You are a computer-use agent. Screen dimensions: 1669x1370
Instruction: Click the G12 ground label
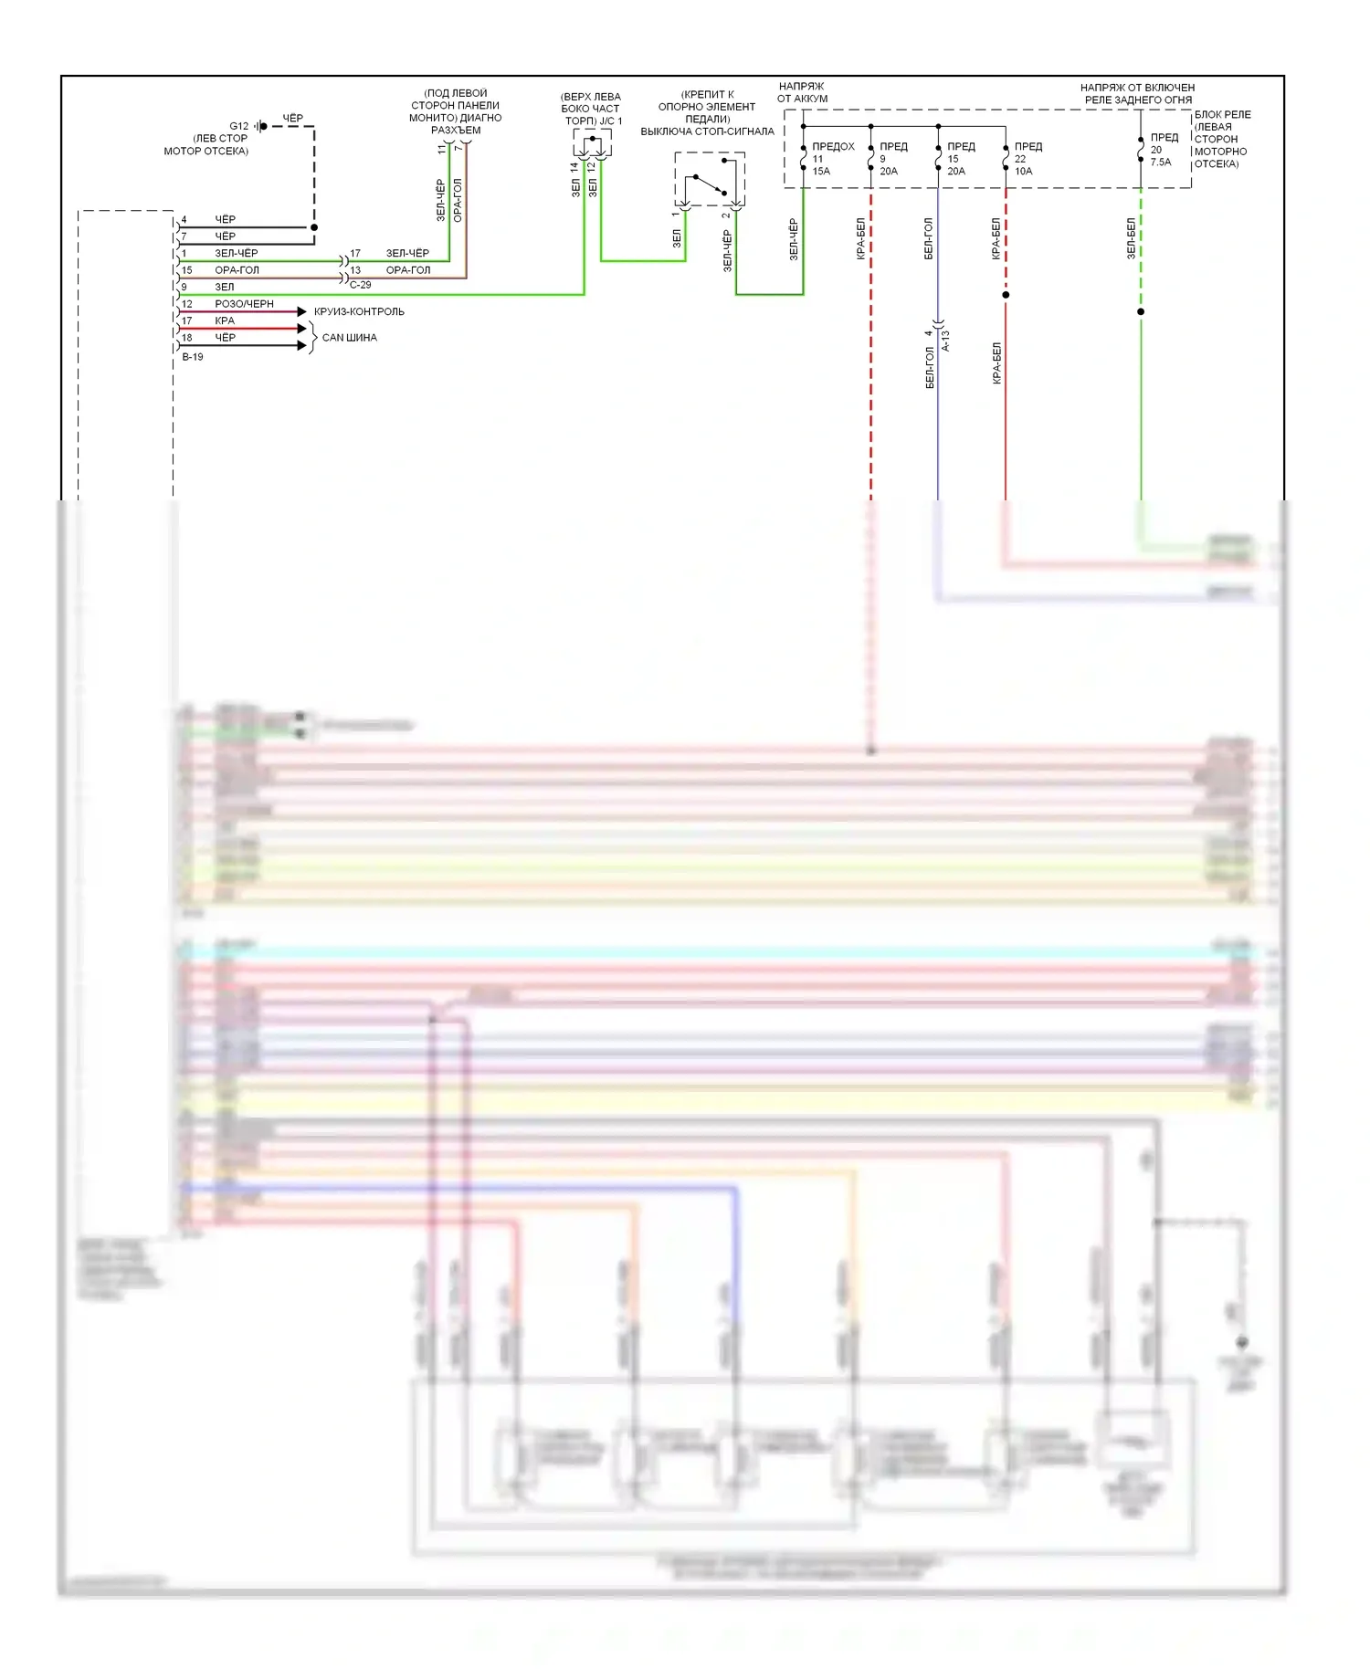pyautogui.click(x=238, y=126)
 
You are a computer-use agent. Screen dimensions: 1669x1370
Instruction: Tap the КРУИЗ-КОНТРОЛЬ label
pyautogui.click(x=359, y=311)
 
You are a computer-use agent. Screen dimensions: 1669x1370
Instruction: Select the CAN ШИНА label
pyautogui.click(x=349, y=338)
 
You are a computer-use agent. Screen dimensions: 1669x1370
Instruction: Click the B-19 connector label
pyautogui.click(x=193, y=357)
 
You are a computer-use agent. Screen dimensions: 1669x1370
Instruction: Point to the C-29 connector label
pyautogui.click(x=360, y=285)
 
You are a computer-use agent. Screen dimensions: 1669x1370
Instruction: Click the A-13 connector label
pyautogui.click(x=946, y=341)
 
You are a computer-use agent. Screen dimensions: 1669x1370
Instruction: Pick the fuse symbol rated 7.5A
pyautogui.click(x=1141, y=151)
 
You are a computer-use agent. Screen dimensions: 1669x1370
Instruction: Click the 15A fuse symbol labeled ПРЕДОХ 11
pyautogui.click(x=803, y=157)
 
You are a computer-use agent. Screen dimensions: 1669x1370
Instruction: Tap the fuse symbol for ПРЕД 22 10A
pyautogui.click(x=1006, y=157)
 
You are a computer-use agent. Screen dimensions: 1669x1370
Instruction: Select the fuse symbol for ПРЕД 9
pyautogui.click(x=870, y=157)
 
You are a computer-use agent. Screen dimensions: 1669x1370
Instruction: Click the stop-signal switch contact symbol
pyautogui.click(x=710, y=181)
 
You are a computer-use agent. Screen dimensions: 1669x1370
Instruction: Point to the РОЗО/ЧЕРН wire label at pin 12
pyautogui.click(x=244, y=304)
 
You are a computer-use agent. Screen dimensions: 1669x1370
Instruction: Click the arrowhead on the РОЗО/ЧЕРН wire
pyautogui.click(x=302, y=311)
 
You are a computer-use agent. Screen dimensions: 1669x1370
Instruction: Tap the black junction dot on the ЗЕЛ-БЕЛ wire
pyautogui.click(x=1141, y=311)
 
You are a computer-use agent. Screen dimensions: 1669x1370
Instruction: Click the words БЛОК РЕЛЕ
pyautogui.click(x=1222, y=115)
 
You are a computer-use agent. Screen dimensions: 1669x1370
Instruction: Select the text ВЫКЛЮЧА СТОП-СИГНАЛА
pyautogui.click(x=707, y=131)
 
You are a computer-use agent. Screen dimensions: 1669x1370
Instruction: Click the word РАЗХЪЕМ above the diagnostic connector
pyautogui.click(x=456, y=131)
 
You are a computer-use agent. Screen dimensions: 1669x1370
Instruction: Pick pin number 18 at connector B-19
pyautogui.click(x=187, y=338)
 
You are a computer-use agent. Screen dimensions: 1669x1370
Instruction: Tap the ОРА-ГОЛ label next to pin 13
pyautogui.click(x=407, y=270)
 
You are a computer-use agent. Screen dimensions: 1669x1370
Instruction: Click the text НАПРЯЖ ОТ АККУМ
pyautogui.click(x=802, y=92)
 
